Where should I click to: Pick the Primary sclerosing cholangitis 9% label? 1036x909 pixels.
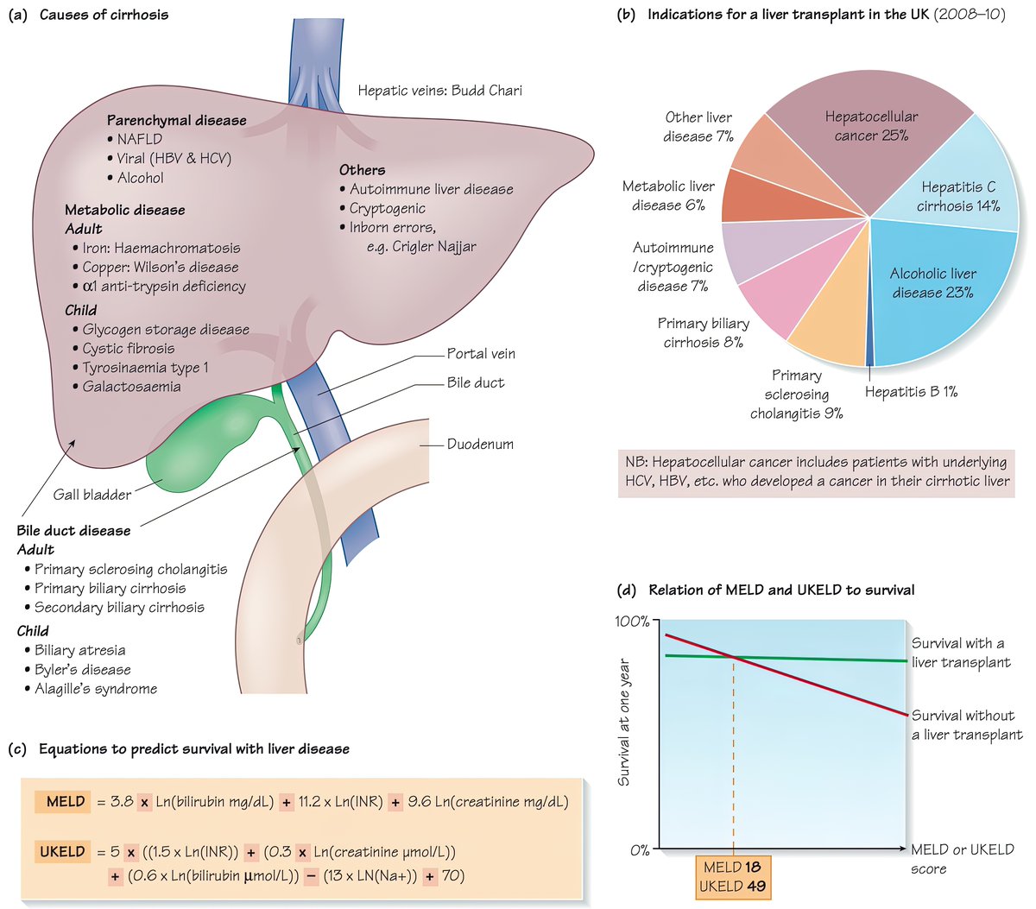pyautogui.click(x=796, y=395)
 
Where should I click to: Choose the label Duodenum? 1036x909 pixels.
pyautogui.click(x=480, y=445)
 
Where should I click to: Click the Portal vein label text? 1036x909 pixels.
pyautogui.click(x=481, y=354)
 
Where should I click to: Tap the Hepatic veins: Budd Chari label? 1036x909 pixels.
pyautogui.click(x=439, y=90)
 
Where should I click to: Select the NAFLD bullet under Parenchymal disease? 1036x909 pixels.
pyautogui.click(x=139, y=139)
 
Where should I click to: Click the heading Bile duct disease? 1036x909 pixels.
pyautogui.click(x=73, y=531)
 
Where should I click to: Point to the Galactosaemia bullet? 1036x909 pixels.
pyautogui.click(x=131, y=387)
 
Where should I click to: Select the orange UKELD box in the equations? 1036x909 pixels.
pyautogui.click(x=63, y=852)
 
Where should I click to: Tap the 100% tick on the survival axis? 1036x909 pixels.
pyautogui.click(x=633, y=622)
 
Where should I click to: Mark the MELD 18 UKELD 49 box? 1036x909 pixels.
pyautogui.click(x=732, y=876)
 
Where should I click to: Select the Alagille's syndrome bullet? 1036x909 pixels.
pyautogui.click(x=95, y=689)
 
